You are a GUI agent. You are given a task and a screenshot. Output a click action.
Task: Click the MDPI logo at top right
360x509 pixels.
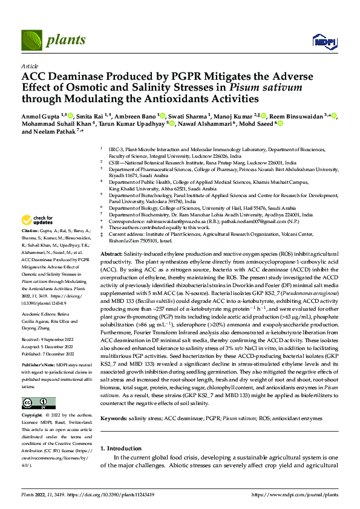coord(324,41)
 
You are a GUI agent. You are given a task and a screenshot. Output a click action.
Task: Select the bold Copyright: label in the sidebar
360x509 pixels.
coord(33,415)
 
